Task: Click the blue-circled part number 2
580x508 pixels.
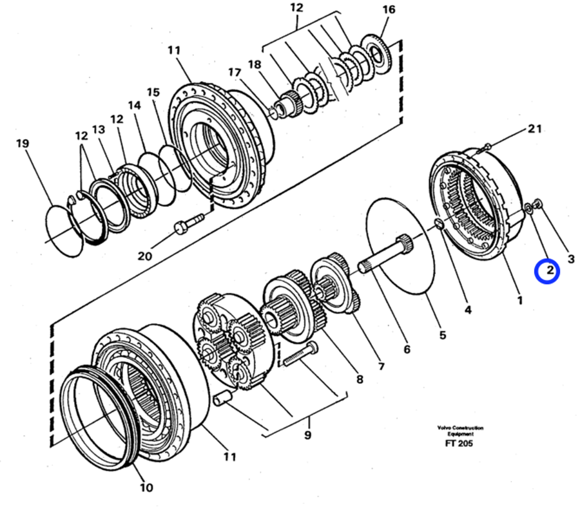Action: click(x=550, y=270)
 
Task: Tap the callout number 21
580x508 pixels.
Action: click(x=534, y=129)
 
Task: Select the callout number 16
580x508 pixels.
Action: click(x=389, y=10)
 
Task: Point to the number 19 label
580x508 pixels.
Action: click(x=23, y=143)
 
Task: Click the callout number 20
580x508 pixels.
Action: click(x=144, y=256)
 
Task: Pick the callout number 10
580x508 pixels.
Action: click(x=146, y=487)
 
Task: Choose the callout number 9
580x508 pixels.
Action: click(x=308, y=435)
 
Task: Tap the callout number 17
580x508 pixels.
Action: click(x=235, y=72)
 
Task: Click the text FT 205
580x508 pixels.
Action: click(x=459, y=444)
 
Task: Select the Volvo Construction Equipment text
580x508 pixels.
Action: click(x=460, y=431)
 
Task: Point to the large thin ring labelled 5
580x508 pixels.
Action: click(x=401, y=246)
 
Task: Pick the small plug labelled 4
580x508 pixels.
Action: click(x=439, y=223)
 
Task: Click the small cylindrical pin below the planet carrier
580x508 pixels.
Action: click(x=222, y=399)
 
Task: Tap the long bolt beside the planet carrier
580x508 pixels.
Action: click(x=300, y=354)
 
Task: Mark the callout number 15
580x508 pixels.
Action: click(x=153, y=92)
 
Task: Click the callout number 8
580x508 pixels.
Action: click(x=360, y=379)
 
